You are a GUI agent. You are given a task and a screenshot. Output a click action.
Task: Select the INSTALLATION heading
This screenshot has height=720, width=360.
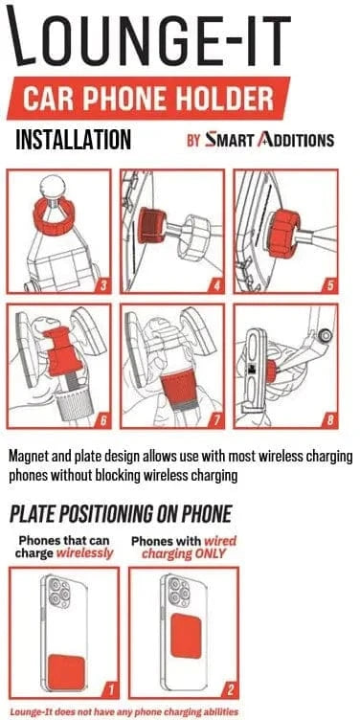pos(73,140)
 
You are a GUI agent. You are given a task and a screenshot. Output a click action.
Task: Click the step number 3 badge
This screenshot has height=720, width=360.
pos(103,285)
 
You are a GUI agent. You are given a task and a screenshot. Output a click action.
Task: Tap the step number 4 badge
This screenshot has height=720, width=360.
pos(216,285)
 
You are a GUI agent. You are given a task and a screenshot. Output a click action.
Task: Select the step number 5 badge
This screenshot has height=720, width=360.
pos(330,285)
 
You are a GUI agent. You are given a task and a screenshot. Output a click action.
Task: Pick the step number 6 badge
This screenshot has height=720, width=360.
pos(103,420)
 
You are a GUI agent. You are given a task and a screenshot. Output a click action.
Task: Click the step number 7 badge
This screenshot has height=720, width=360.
pos(216,420)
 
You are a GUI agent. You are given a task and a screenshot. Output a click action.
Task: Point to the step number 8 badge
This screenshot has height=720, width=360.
pos(330,420)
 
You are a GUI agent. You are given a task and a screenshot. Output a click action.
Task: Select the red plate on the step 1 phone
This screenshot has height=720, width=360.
pos(67,672)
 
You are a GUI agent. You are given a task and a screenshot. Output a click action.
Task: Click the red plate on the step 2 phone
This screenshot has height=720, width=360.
pos(186,637)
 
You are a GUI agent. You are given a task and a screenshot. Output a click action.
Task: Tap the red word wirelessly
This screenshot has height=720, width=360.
pos(84,553)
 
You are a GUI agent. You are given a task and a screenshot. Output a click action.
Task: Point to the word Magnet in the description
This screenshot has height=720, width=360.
pos(30,458)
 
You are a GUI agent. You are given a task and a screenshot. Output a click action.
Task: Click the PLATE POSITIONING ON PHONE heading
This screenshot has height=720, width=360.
pos(121,514)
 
